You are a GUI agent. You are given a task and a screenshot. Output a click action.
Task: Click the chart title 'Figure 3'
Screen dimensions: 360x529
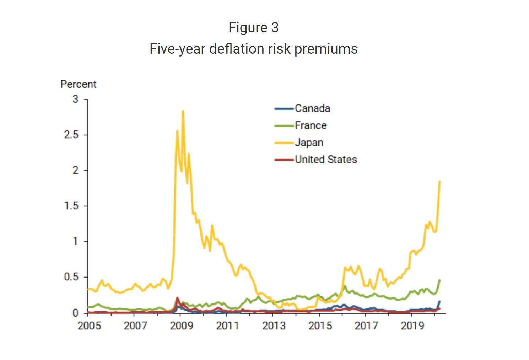pos(253,28)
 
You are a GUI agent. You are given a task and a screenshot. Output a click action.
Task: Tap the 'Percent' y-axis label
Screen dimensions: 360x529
pos(78,84)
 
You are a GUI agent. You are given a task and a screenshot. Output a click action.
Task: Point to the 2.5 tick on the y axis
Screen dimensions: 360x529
pos(71,135)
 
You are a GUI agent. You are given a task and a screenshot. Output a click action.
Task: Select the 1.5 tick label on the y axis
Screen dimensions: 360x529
pos(71,206)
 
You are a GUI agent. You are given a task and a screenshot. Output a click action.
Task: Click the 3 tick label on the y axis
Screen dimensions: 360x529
pos(75,99)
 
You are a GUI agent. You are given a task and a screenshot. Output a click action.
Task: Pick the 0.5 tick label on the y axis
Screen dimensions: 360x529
pos(71,277)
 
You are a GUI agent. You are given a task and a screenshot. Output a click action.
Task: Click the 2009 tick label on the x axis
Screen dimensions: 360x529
pos(181,326)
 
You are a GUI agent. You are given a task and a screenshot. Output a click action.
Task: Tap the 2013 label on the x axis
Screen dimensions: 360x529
pos(274,326)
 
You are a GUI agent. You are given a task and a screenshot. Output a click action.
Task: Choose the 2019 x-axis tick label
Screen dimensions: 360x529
pos(412,326)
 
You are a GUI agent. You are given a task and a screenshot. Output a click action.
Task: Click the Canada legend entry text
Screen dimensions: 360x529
pos(312,108)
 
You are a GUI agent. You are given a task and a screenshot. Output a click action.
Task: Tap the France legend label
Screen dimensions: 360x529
pos(311,125)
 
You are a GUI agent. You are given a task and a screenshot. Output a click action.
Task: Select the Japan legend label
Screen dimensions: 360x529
pos(309,143)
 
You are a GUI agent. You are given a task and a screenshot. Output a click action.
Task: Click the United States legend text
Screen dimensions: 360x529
pos(326,160)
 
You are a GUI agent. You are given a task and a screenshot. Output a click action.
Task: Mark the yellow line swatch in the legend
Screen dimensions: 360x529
pos(284,143)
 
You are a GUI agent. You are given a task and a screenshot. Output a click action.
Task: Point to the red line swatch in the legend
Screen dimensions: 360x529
pos(284,160)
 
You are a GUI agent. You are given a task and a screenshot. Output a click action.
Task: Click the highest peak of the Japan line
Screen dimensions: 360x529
pos(183,111)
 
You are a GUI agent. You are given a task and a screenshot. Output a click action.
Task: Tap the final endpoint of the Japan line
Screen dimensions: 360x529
pos(439,182)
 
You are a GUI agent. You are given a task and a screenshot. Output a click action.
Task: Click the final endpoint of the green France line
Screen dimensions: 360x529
pos(439,280)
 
